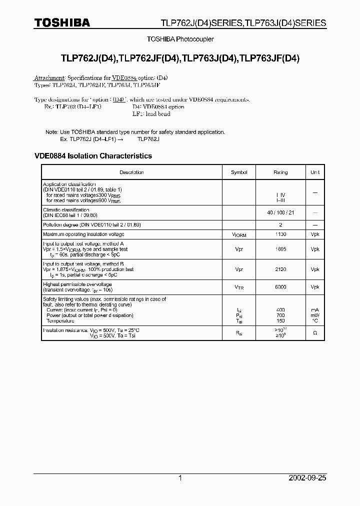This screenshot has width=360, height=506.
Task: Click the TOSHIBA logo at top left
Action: pos(62,22)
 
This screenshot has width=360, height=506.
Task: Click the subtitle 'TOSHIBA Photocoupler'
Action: pos(180,39)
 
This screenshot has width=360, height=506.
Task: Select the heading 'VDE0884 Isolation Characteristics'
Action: pos(93,156)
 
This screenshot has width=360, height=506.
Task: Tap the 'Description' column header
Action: pos(131,172)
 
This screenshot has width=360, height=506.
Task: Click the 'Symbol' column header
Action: pos(239,172)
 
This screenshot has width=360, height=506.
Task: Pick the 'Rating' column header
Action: pos(280,172)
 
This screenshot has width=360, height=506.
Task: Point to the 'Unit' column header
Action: pos(315,172)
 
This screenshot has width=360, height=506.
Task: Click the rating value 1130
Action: pos(280,234)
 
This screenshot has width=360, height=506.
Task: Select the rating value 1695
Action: pos(280,248)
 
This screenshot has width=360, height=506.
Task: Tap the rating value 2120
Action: pos(280,269)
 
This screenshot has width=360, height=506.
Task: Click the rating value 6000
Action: pos(280,287)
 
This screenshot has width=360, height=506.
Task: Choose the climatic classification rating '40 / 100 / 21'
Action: pos(280,212)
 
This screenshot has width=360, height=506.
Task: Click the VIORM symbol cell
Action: pos(239,234)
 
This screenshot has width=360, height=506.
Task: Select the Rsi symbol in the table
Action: pos(239,333)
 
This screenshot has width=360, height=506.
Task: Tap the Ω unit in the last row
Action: pos(315,333)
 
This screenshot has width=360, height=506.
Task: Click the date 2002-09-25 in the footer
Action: pos(307,478)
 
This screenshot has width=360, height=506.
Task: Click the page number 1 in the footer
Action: pos(180,478)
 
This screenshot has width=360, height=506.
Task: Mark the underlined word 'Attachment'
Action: pos(49,78)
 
